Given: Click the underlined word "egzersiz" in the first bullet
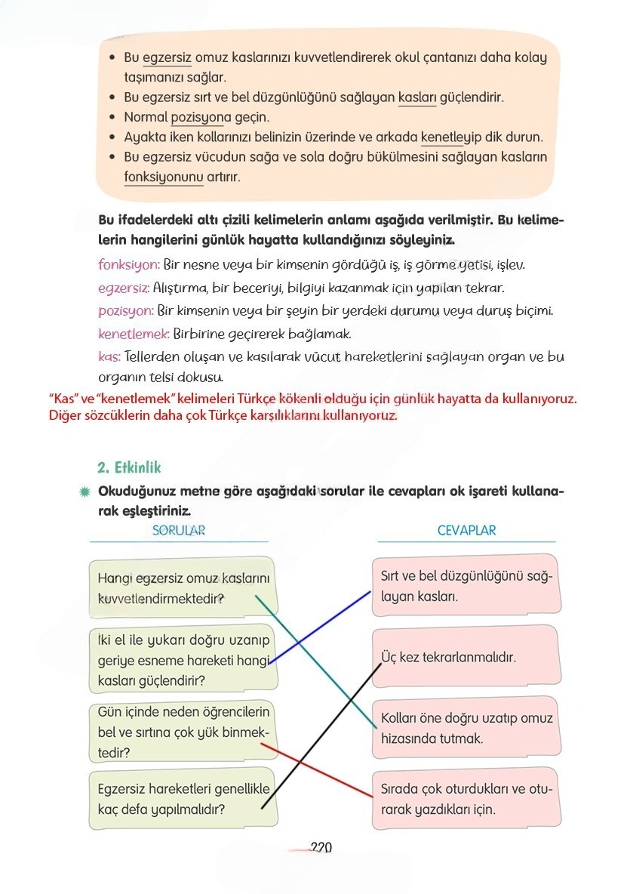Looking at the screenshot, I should [x=167, y=58].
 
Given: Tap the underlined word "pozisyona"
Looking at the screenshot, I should [x=198, y=118].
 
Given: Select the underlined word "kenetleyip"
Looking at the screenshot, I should [x=447, y=137].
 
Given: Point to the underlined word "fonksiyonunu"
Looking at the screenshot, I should [x=163, y=177].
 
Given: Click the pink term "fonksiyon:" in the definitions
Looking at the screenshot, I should [x=129, y=265].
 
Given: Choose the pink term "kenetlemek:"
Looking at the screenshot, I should [x=134, y=333].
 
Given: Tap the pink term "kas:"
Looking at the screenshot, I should [x=109, y=356].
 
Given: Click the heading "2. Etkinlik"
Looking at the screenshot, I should [x=129, y=467].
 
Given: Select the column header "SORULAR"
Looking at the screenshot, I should [x=179, y=531].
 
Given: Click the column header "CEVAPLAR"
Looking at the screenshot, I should [x=466, y=531].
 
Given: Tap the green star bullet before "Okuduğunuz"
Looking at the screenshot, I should [x=85, y=492].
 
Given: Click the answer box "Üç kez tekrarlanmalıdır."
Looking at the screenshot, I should [x=466, y=657].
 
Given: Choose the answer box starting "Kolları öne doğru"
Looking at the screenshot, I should [x=466, y=728].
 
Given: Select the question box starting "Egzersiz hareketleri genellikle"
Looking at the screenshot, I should [x=183, y=799].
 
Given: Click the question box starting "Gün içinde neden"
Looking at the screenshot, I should [x=183, y=732].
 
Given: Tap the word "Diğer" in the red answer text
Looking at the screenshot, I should [x=65, y=415].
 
